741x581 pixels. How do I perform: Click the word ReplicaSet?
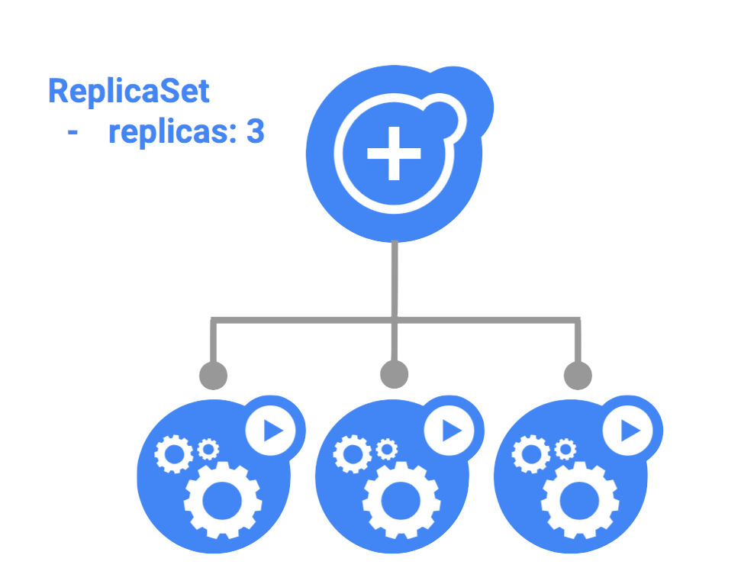pos(128,92)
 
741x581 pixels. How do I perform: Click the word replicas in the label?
pos(172,133)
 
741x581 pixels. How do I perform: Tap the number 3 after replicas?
pos(256,133)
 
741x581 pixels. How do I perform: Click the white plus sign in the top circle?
pos(394,153)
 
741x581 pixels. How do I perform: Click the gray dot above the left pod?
pos(213,375)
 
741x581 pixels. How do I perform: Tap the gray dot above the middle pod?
pos(394,375)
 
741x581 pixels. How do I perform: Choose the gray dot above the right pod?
pos(578,375)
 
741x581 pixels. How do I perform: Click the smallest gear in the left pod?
pos(208,449)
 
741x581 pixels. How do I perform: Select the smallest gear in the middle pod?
pos(386,449)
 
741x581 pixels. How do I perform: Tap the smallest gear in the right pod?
pos(565,449)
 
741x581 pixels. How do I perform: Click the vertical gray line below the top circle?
pos(394,279)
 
